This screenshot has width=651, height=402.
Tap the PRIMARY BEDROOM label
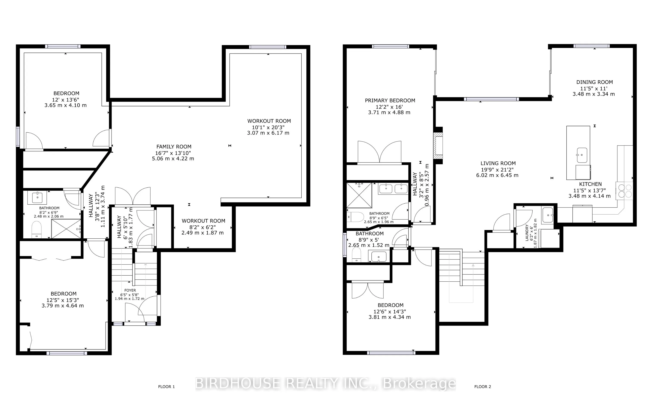[x=390, y=101]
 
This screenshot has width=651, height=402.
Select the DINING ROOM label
[x=594, y=82]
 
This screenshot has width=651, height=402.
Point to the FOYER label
[x=130, y=290]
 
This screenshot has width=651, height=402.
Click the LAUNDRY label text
[x=527, y=233]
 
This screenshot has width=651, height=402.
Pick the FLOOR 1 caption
[x=166, y=387]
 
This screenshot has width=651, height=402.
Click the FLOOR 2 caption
[x=483, y=387]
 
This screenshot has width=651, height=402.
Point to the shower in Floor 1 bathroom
[x=66, y=229]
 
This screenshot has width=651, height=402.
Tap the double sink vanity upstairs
[x=393, y=189]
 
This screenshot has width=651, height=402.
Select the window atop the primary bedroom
[x=390, y=46]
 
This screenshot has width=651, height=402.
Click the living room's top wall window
[x=491, y=99]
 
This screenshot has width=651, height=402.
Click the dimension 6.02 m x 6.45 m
[x=497, y=175]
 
